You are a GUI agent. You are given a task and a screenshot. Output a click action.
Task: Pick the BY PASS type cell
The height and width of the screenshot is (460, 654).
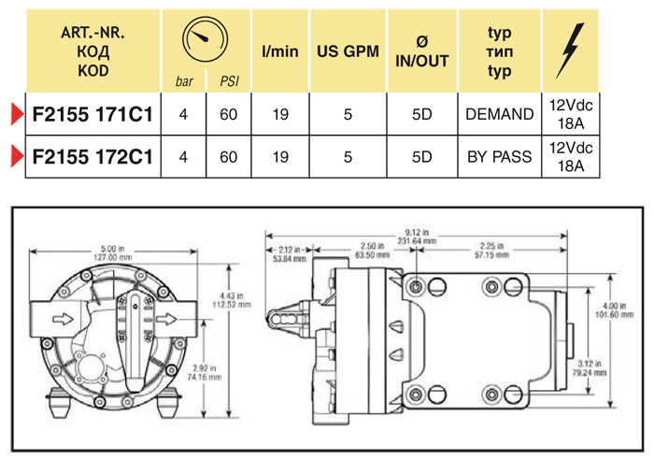pyautogui.click(x=499, y=156)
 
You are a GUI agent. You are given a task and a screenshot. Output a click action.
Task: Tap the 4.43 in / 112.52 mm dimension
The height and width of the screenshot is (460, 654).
pyautogui.click(x=240, y=299)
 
